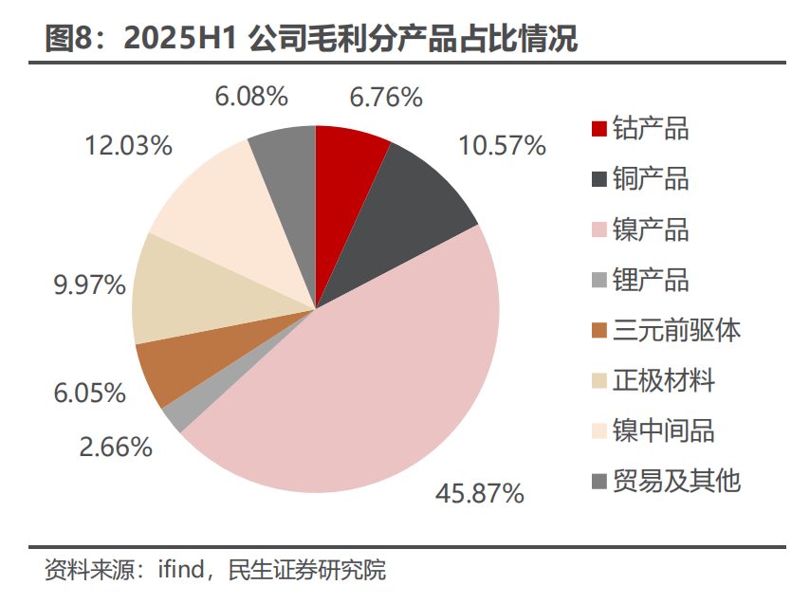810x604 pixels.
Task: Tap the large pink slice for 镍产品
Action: [379, 379]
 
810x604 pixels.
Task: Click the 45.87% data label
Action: [479, 493]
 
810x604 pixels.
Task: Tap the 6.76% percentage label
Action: [385, 97]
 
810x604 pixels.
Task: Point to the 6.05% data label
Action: [88, 393]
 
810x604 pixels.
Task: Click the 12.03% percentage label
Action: [128, 145]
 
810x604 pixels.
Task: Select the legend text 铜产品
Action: [651, 178]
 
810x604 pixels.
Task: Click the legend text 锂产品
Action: [651, 280]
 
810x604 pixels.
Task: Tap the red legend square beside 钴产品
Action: [598, 128]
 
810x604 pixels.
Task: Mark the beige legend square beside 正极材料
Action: [598, 381]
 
